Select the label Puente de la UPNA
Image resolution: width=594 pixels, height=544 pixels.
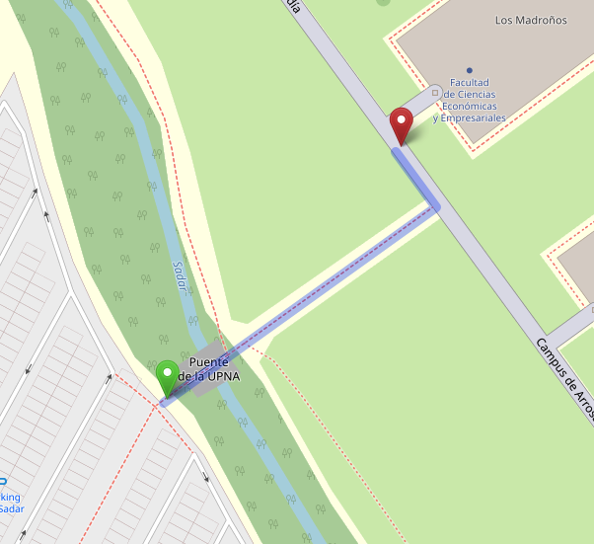point(214,368)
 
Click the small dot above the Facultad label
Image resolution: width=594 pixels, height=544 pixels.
point(469,70)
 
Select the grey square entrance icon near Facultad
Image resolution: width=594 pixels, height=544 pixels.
point(435,92)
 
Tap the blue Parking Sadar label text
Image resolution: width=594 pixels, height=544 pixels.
point(10,503)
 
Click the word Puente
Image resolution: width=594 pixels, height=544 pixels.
point(209,361)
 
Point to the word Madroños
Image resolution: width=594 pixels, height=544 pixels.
point(541,20)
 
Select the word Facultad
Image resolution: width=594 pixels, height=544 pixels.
point(470,83)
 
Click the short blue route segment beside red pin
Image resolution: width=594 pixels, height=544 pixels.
point(414,178)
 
